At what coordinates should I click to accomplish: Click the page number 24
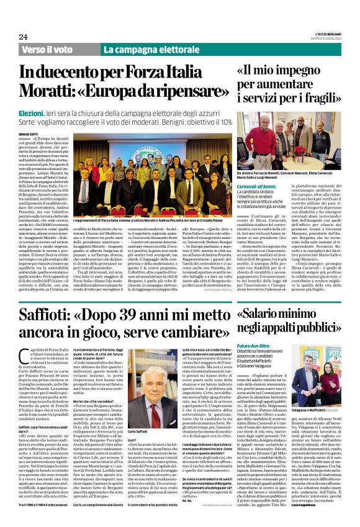point(23,37)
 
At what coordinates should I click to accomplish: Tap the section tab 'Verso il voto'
point(47,49)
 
